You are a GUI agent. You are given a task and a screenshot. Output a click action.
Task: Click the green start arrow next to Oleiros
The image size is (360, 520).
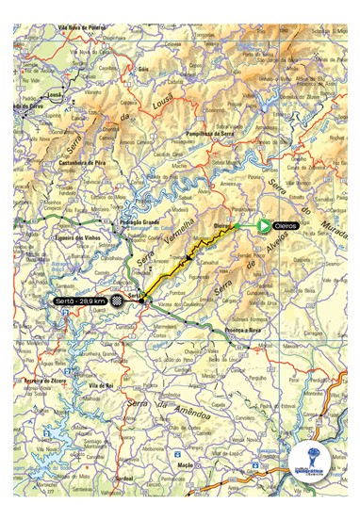coord(263,226)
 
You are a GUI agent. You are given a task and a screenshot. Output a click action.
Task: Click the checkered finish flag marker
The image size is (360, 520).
coord(117,301)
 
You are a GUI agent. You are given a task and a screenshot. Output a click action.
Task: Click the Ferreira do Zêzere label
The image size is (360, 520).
coord(37,379)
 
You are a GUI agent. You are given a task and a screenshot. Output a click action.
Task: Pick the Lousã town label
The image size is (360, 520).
coord(55,95)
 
